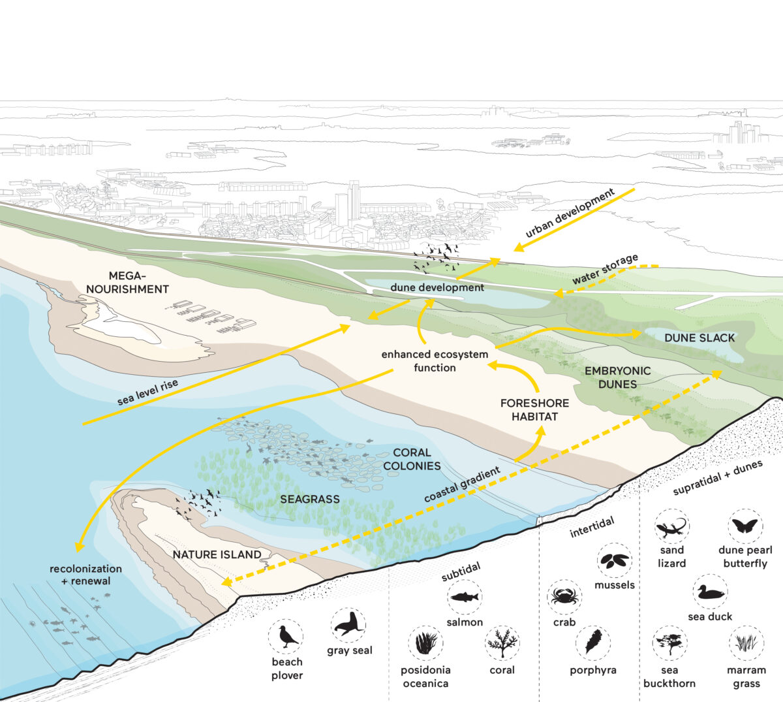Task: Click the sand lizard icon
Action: pos(671,526)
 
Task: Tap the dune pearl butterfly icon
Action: pos(745,526)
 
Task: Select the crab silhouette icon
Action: pos(564,597)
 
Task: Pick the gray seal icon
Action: pos(348,625)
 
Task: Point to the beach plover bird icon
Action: pos(286,637)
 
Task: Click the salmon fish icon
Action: pos(465,597)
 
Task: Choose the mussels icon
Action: pos(615,560)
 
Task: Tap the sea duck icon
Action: pos(710,592)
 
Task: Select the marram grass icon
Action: pos(746,643)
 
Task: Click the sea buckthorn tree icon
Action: pos(669,643)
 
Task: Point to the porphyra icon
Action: pos(593,643)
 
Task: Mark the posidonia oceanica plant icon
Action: pos(425,643)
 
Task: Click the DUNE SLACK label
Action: pos(699,338)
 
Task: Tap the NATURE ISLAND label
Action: pos(217,554)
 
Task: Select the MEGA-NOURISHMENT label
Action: pos(127,282)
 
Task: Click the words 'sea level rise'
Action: pos(147,392)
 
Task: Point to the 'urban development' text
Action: pos(570,213)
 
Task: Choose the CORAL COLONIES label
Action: pos(412,459)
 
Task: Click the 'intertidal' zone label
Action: pos(592,528)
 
